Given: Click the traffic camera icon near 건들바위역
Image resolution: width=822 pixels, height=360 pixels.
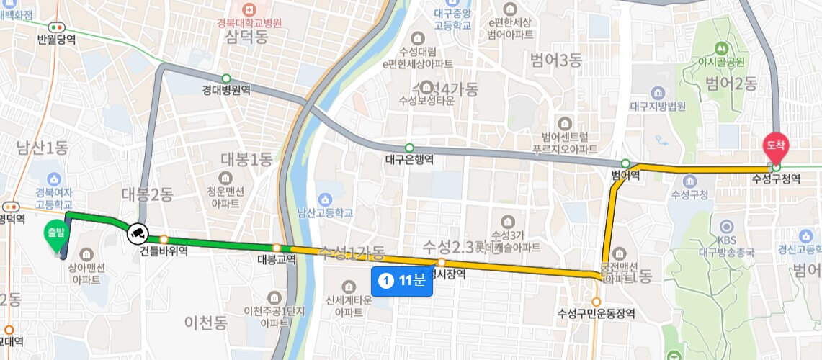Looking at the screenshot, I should point(137,233).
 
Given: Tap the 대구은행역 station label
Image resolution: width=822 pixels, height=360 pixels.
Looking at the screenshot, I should point(409,160).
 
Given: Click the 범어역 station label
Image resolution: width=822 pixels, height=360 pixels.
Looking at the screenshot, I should point(625,175).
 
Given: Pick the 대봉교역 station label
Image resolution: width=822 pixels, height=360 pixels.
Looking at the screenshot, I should point(277,260).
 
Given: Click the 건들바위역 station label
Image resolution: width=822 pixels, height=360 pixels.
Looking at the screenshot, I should point(164,251).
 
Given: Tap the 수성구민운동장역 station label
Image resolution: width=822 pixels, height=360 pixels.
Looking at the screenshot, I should point(597,313).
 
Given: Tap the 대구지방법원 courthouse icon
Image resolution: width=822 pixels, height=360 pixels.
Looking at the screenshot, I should point(656,94).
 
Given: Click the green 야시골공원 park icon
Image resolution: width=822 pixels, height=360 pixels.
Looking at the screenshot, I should point(720,48).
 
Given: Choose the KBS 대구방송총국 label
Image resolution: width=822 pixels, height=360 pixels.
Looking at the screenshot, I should point(725,247).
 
